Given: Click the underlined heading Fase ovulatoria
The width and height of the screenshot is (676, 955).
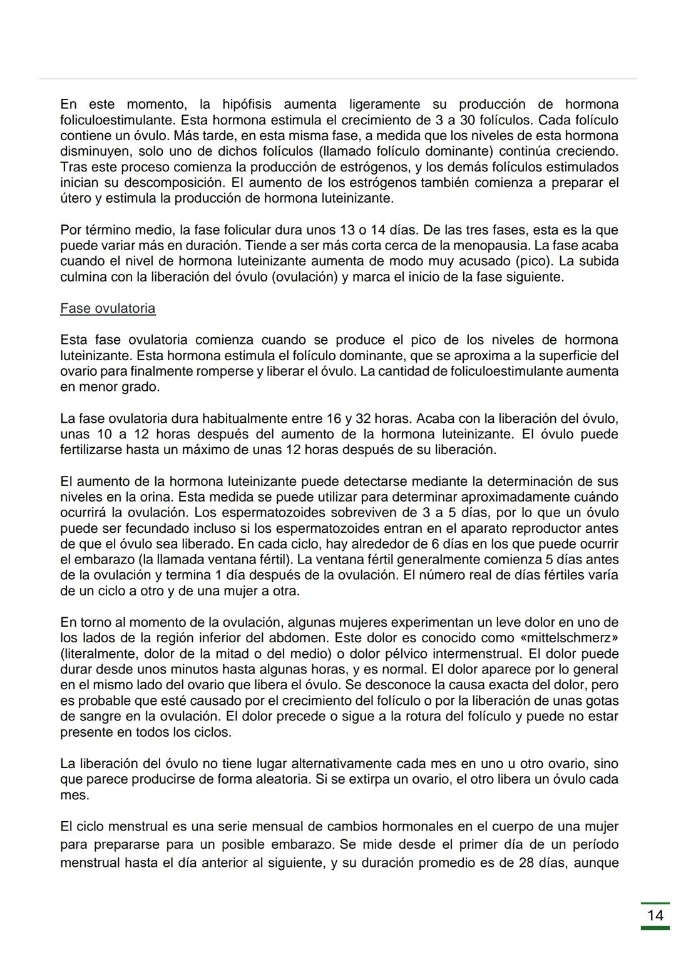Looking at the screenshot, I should tap(108, 308).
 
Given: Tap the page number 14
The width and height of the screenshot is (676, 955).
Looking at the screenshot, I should tap(655, 916).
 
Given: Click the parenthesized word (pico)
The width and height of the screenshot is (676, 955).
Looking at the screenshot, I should tap(535, 261).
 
